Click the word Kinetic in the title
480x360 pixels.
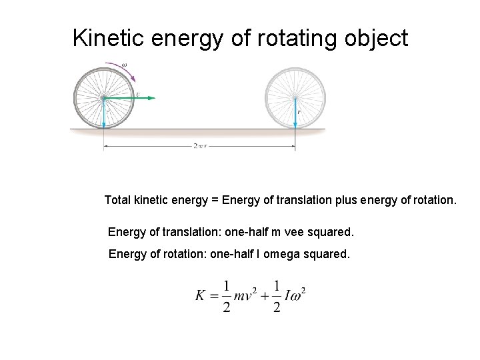coord(108,38)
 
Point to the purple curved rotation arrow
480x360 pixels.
coord(127,72)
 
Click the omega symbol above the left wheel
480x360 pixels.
coord(125,65)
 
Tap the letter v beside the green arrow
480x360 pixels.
coord(138,94)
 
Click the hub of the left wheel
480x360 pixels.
coord(103,98)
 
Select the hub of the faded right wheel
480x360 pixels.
coord(295,98)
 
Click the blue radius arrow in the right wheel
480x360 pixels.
coord(295,113)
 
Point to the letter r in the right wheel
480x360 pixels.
coord(299,111)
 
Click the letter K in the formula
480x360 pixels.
coord(201,294)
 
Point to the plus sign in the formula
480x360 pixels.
coord(265,294)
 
